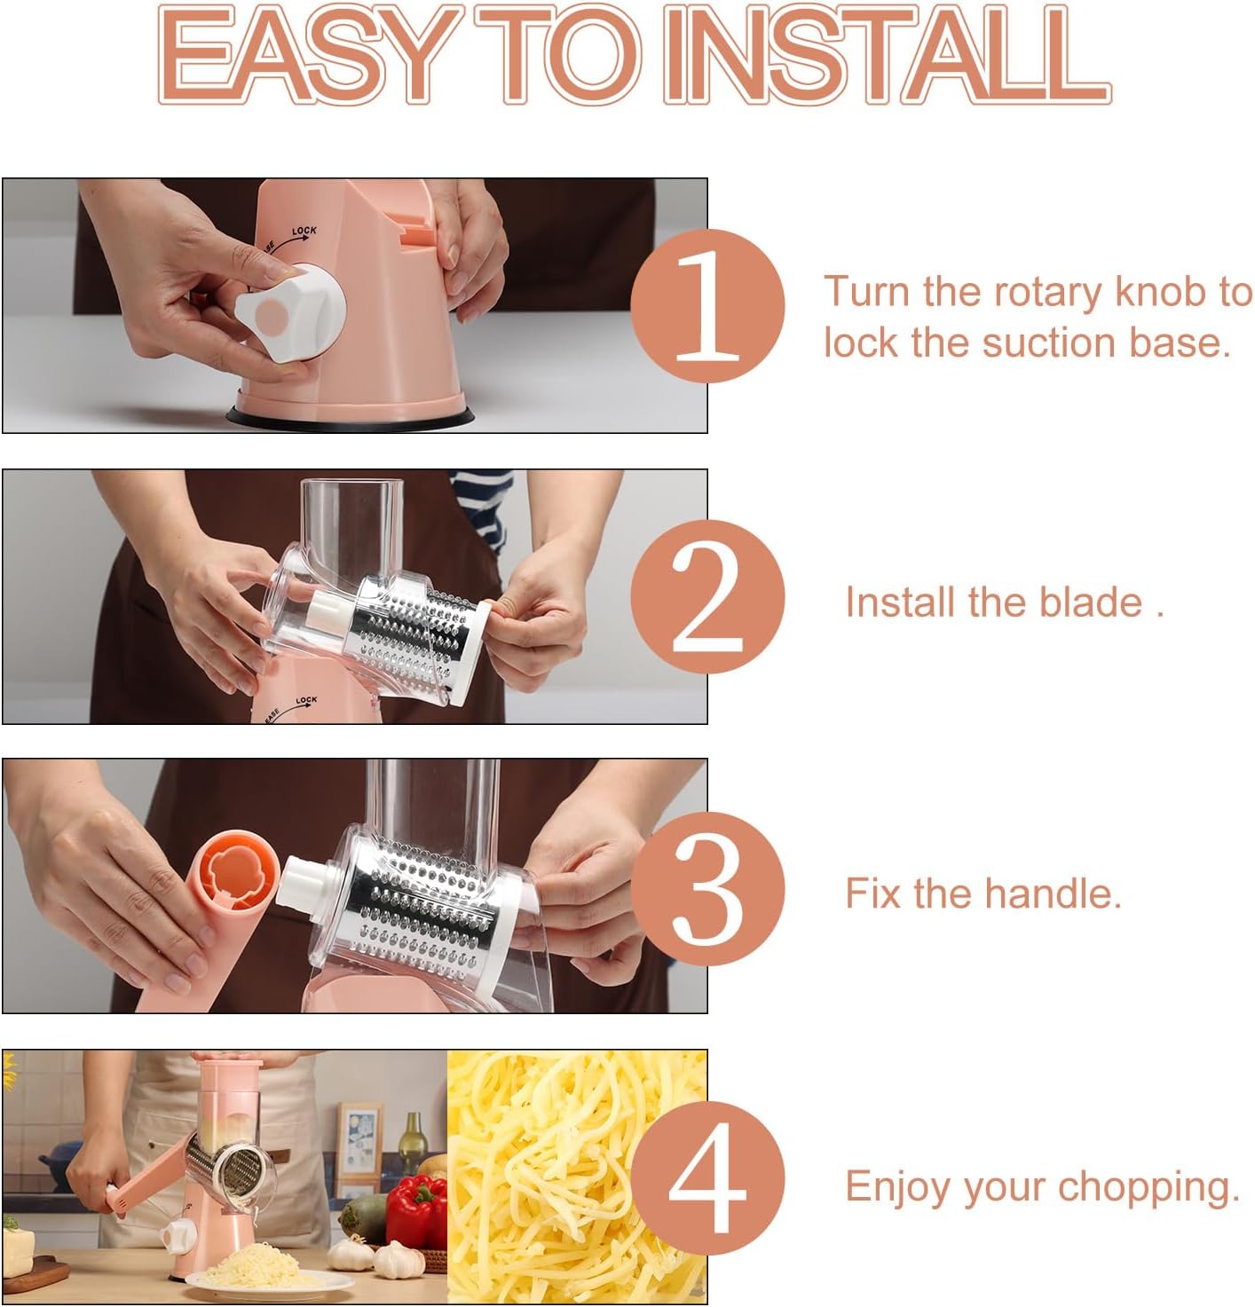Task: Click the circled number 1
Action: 707,305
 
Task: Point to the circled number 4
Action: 707,1179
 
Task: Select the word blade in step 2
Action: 1091,602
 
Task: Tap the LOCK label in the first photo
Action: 304,232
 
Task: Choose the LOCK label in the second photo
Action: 306,701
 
